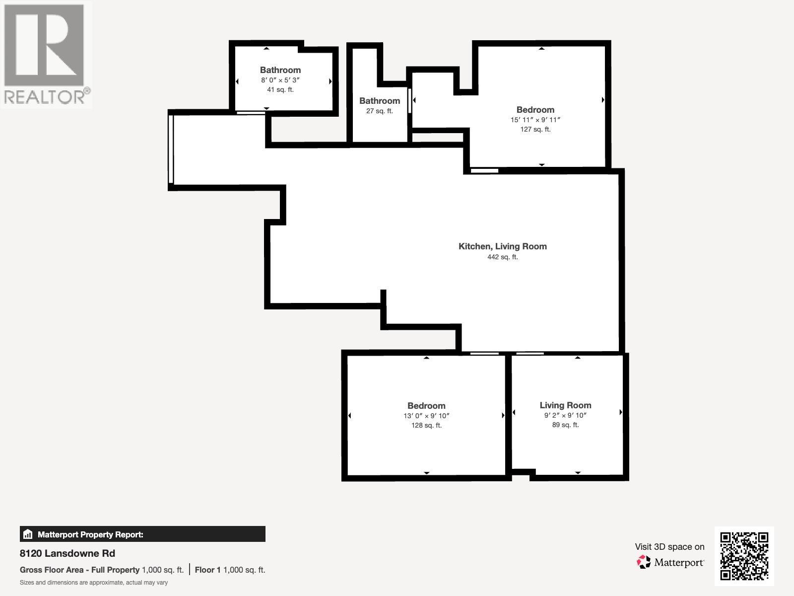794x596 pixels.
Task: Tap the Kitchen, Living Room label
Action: [x=502, y=246]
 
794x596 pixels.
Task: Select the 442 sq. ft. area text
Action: [x=502, y=257]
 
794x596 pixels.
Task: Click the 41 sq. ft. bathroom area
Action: [x=280, y=90]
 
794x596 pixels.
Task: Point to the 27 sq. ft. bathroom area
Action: [x=380, y=111]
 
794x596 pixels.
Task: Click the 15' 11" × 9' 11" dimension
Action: [x=535, y=120]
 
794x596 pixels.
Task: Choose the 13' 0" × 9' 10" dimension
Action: [x=426, y=416]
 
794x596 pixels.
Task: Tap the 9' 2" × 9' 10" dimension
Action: [x=565, y=415]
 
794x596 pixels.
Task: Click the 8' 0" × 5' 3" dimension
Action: [x=280, y=80]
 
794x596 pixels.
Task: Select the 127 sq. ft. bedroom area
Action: [x=535, y=129]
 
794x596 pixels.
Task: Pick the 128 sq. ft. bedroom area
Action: [x=426, y=425]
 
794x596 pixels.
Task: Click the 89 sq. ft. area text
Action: [x=565, y=425]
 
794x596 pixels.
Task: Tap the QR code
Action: [x=744, y=556]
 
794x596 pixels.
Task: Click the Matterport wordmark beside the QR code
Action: [x=678, y=563]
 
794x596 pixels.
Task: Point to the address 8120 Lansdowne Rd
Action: [x=67, y=553]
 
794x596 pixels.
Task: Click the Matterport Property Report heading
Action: [x=90, y=534]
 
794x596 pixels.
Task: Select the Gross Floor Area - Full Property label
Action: [x=79, y=570]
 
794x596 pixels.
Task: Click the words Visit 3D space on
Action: [x=669, y=547]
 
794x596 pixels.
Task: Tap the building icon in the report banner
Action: [x=28, y=534]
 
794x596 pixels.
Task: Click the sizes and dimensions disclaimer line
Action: [x=94, y=583]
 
